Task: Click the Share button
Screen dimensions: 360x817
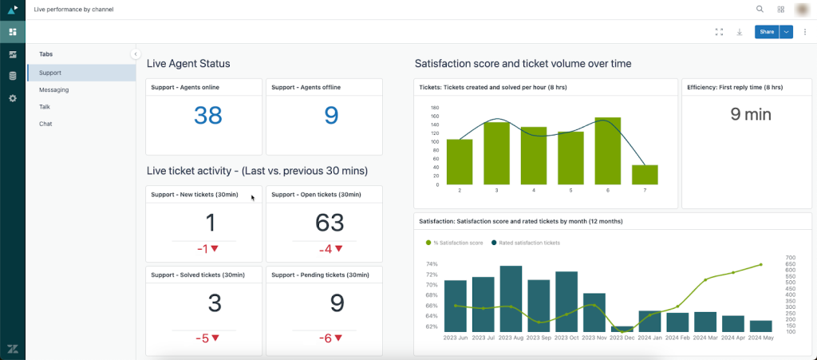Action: coord(766,32)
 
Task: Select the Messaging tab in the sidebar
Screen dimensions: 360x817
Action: coord(54,90)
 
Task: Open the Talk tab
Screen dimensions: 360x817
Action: coord(45,107)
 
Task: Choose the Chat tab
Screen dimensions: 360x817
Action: coord(46,124)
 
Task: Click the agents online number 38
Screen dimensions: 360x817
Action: coord(208,117)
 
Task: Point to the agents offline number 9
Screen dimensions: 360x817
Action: coord(331,117)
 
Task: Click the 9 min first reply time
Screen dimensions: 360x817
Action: coord(751,114)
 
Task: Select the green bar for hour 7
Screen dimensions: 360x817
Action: coord(645,175)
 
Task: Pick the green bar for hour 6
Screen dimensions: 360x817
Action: coord(608,151)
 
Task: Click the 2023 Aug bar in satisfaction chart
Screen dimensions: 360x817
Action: coord(511,299)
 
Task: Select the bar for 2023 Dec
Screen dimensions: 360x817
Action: coord(622,328)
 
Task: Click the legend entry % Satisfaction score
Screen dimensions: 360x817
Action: coord(456,242)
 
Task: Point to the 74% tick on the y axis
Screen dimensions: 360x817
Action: coord(432,264)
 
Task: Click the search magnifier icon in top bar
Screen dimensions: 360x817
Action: coord(760,9)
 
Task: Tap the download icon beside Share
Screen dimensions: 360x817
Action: coord(740,32)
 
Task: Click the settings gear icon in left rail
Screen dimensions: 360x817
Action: coord(12,98)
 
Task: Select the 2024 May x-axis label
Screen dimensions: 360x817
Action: coord(761,338)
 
